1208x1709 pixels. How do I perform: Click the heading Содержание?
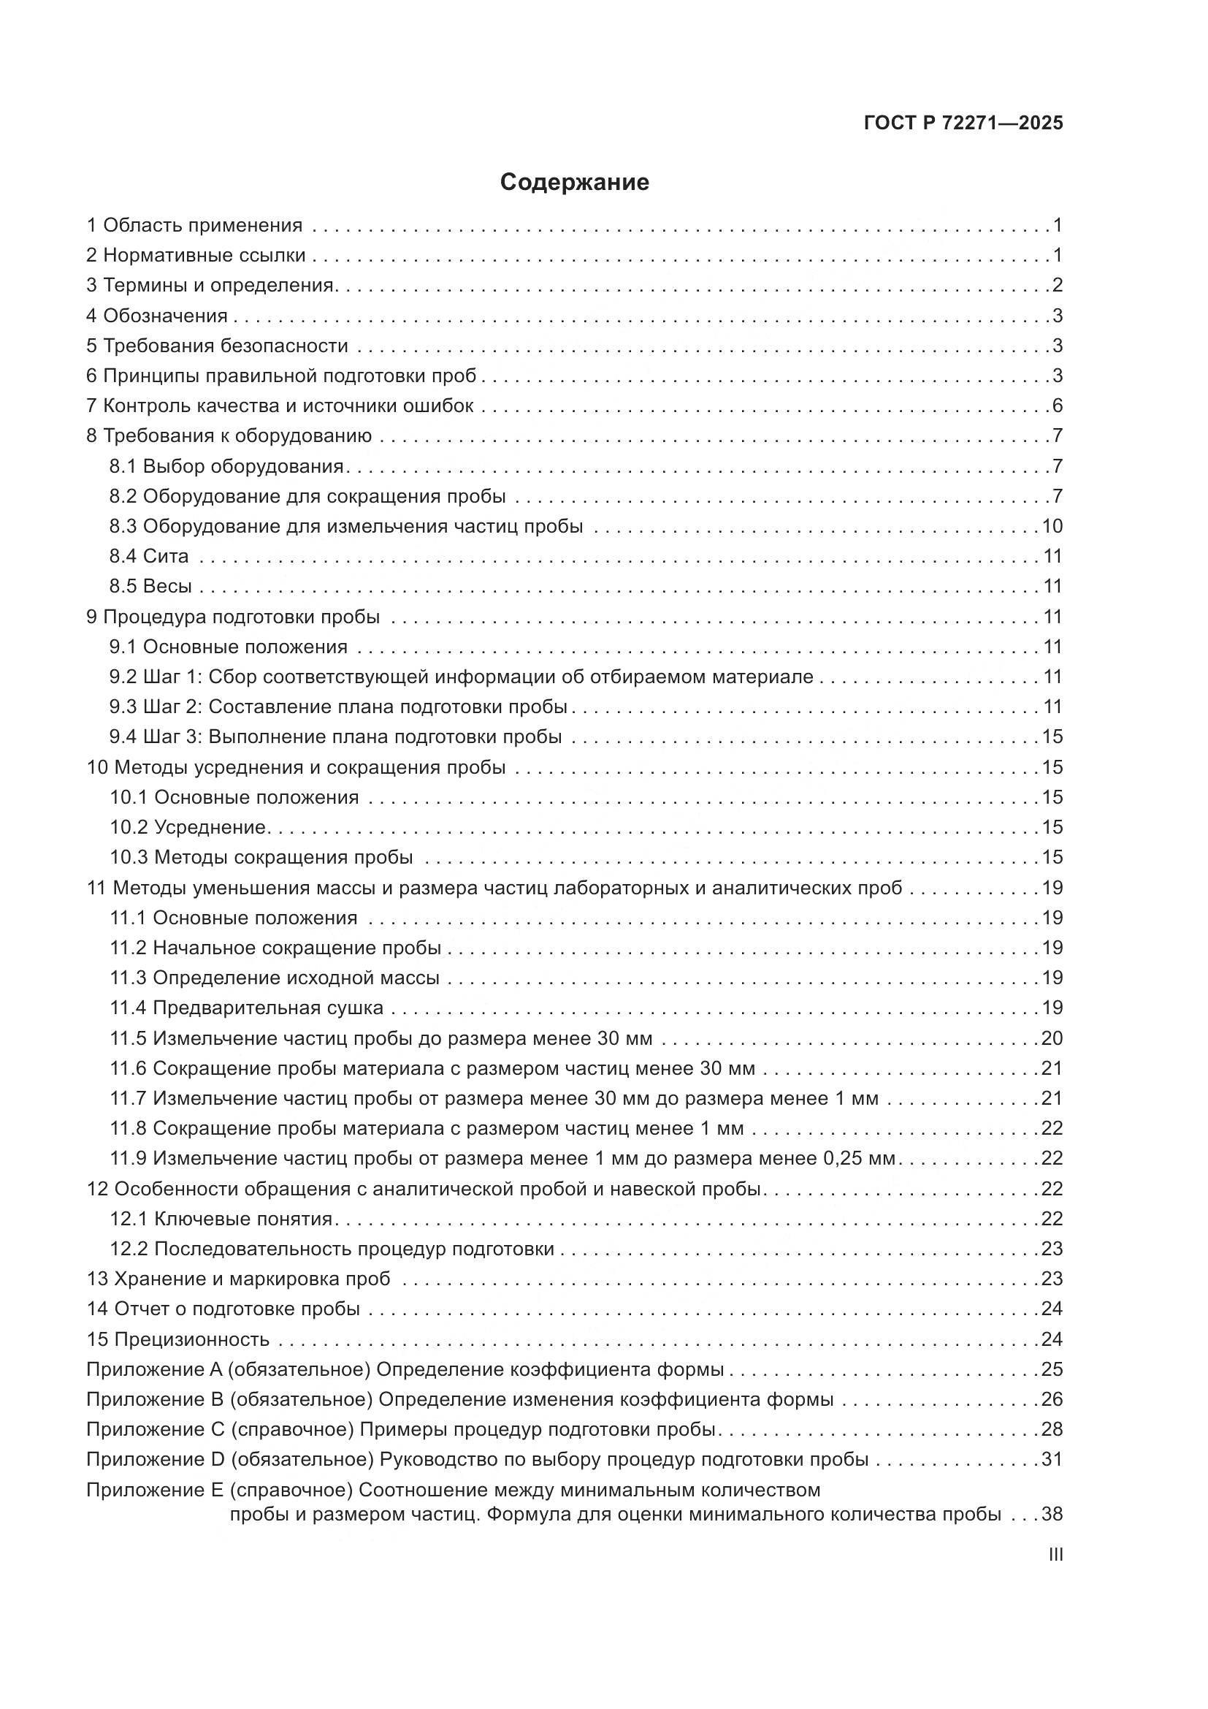(x=574, y=183)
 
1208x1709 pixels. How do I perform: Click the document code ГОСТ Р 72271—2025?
(x=963, y=123)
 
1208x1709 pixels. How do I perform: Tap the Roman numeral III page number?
(x=1055, y=1555)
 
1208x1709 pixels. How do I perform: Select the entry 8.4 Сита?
(x=149, y=556)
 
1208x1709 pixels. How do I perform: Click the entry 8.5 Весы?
(x=150, y=586)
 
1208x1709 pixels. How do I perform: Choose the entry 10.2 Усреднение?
(x=188, y=827)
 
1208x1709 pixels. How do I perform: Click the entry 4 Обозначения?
(x=157, y=316)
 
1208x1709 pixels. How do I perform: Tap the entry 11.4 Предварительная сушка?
(x=247, y=1008)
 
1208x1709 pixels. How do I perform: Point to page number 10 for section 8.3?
(x=1052, y=526)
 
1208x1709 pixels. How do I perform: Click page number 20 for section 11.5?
(x=1052, y=1038)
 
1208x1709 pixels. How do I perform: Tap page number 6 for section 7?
(x=1057, y=406)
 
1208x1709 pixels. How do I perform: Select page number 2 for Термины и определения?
(x=1057, y=285)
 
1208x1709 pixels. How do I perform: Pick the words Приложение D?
(x=155, y=1459)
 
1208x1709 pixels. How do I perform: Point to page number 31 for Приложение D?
(x=1052, y=1459)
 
